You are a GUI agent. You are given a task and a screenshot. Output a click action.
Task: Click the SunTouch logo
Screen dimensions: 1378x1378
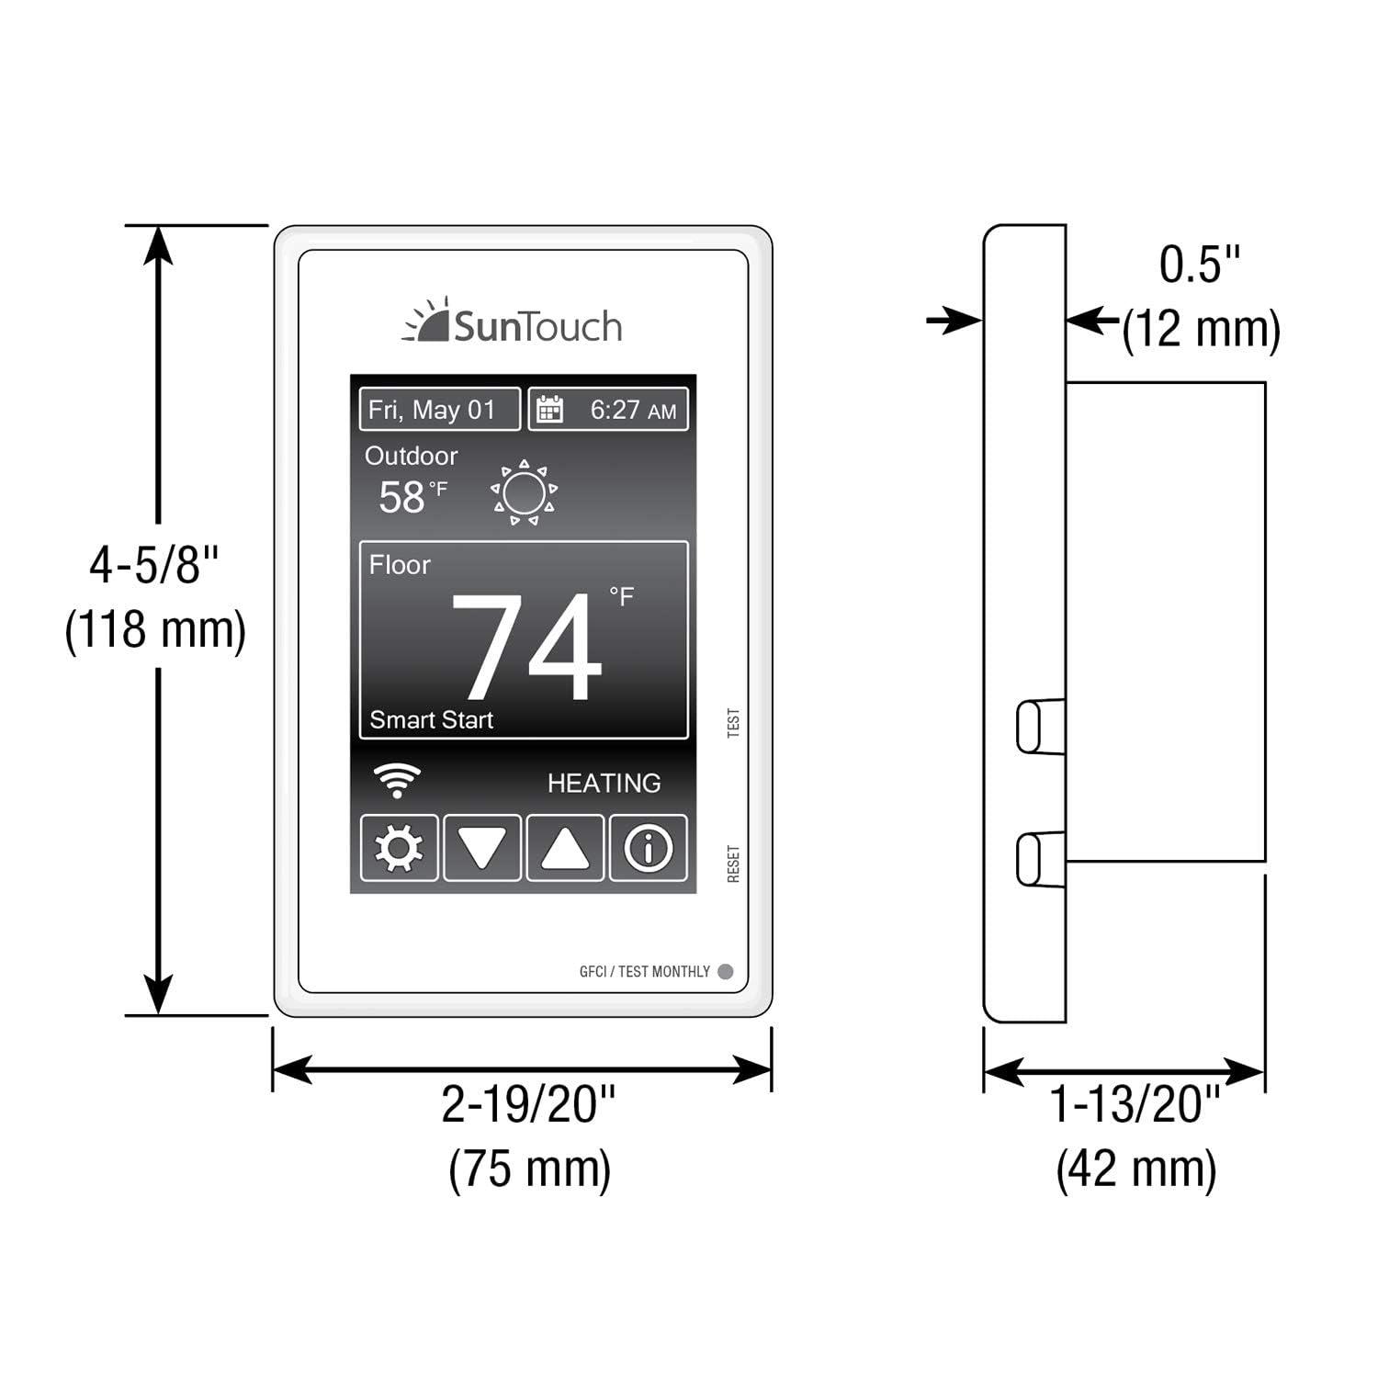click(513, 323)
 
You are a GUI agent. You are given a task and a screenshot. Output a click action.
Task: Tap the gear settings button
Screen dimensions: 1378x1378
click(399, 848)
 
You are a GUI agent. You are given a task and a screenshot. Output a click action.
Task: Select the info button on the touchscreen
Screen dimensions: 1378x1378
click(648, 848)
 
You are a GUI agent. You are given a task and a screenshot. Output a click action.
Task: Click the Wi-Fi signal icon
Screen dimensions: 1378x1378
click(397, 781)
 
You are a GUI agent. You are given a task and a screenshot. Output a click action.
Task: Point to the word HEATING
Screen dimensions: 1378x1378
click(604, 783)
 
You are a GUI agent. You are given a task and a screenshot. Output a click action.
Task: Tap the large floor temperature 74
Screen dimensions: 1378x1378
click(525, 647)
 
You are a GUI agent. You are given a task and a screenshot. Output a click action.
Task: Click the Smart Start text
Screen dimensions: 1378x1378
click(431, 720)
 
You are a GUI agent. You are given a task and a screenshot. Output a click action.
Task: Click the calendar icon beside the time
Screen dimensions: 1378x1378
click(549, 410)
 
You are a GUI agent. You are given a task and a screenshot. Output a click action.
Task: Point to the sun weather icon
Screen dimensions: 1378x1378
click(524, 493)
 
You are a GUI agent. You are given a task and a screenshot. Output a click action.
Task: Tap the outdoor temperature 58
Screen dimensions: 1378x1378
click(402, 498)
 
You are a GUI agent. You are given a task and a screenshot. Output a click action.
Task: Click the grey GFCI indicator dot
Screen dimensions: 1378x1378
click(725, 971)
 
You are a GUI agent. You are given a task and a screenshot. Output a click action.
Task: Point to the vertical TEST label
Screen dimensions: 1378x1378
click(733, 722)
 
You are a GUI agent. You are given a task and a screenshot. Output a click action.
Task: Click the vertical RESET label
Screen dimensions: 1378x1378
click(733, 864)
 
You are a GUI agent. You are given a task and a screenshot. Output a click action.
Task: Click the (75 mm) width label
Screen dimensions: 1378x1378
click(529, 1169)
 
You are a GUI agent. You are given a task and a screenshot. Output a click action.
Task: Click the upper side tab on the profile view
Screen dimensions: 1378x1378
click(1040, 727)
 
